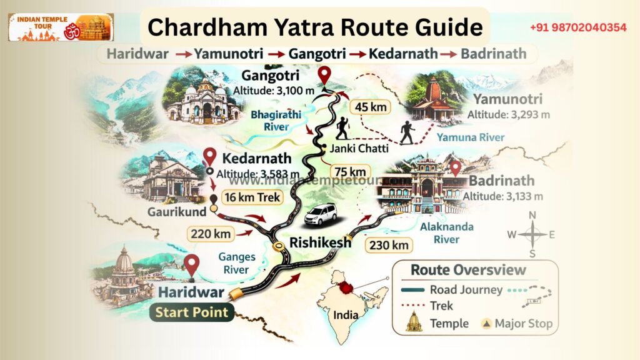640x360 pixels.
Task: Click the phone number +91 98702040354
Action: (578, 27)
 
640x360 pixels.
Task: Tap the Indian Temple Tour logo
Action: (61, 27)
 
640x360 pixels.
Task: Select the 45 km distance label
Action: (371, 107)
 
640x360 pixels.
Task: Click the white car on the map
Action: (321, 215)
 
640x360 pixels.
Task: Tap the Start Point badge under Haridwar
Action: (191, 311)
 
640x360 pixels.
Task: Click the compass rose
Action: (532, 234)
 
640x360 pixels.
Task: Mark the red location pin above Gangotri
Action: (324, 76)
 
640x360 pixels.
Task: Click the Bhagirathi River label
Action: (270, 121)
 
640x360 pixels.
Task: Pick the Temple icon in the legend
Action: (413, 322)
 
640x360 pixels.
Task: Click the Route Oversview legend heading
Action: (468, 271)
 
